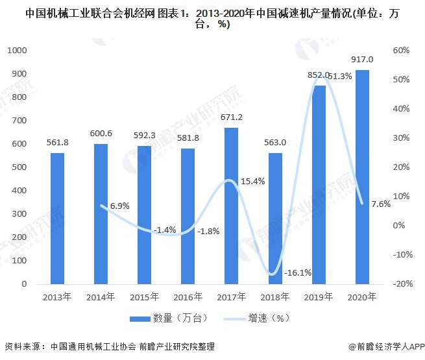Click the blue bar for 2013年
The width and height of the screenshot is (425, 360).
(58, 219)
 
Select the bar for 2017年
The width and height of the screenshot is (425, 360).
(231, 206)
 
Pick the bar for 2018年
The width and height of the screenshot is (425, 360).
(275, 219)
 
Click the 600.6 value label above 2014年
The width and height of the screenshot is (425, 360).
(101, 134)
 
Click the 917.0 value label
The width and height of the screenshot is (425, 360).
(362, 60)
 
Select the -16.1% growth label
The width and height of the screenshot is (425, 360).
(298, 273)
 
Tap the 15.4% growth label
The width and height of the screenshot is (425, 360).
(252, 182)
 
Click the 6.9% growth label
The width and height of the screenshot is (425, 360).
(119, 206)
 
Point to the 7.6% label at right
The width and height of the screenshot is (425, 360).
(381, 204)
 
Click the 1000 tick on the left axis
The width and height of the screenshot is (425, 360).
(18, 51)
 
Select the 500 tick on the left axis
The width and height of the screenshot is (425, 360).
(19, 167)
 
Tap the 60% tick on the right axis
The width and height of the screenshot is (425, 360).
(400, 51)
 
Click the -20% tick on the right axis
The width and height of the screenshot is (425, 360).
(400, 284)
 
